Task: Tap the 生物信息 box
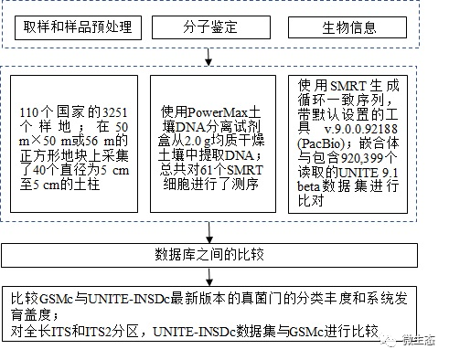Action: pos(349,27)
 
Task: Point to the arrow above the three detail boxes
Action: pos(209,59)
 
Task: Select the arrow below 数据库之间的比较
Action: pos(209,275)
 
